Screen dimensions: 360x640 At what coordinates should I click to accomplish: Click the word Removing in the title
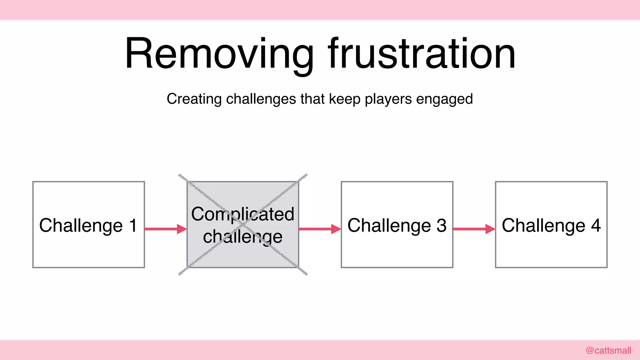tap(219, 54)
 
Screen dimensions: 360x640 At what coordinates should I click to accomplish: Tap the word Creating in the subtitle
tap(194, 99)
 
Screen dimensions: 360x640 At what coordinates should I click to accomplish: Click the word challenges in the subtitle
tap(261, 99)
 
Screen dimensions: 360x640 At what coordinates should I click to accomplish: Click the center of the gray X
tap(243, 224)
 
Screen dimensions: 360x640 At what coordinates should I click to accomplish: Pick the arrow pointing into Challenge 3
tap(320, 229)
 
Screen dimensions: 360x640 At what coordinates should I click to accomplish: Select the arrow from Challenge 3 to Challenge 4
tap(474, 229)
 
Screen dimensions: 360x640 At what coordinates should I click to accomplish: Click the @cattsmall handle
tap(608, 350)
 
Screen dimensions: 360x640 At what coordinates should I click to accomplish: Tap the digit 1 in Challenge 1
tap(133, 225)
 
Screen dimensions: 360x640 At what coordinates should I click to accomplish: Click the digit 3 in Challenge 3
tap(441, 225)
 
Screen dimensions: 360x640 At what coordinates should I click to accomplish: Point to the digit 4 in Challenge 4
tap(596, 225)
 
